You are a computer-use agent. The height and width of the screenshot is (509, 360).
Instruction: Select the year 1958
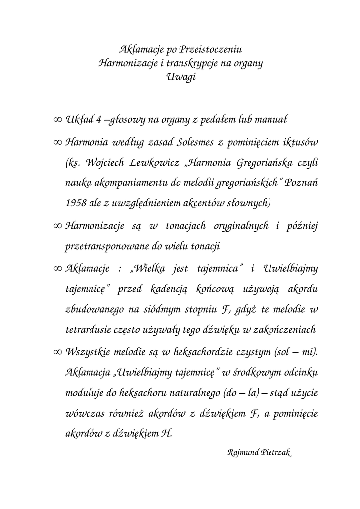coord(76,203)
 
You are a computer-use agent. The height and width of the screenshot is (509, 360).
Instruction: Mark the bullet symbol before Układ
coord(56,120)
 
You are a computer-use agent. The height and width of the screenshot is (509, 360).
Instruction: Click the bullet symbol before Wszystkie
coord(56,352)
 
